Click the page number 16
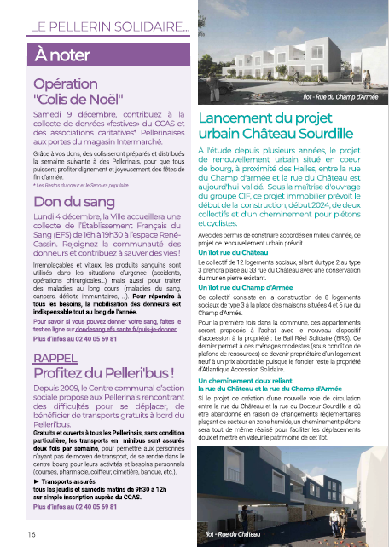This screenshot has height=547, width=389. [x=31, y=533]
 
